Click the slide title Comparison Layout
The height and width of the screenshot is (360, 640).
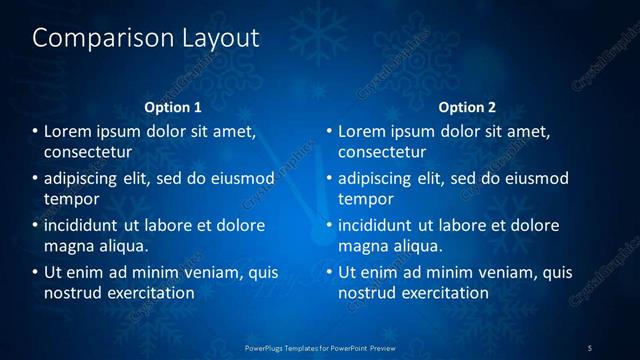(146, 39)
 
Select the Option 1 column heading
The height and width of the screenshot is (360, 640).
(173, 107)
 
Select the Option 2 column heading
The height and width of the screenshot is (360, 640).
(467, 107)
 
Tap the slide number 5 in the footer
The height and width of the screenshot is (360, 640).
(590, 347)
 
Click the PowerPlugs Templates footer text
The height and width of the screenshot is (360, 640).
(319, 347)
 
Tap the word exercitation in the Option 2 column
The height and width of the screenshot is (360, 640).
(443, 293)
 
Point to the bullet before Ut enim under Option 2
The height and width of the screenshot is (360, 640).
(329, 272)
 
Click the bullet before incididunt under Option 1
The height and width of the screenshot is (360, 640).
(35, 225)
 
